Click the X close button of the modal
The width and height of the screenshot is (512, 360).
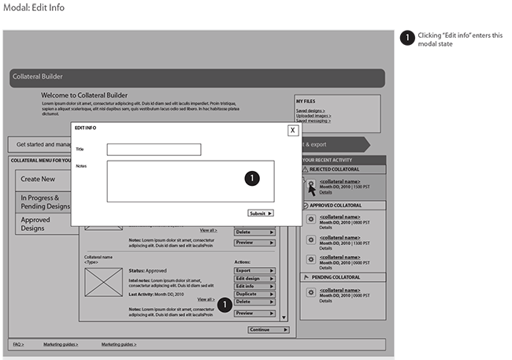tap(293, 130)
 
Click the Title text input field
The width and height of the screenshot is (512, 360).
tap(154, 150)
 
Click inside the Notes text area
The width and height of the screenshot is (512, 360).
tap(173, 181)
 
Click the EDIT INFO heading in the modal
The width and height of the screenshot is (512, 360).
tap(85, 128)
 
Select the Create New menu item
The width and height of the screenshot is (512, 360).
tap(38, 179)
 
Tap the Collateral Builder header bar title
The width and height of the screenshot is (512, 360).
tap(37, 76)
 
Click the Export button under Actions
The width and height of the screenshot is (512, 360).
tap(254, 270)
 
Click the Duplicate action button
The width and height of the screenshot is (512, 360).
tap(254, 294)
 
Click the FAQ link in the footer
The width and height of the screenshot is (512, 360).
tap(17, 344)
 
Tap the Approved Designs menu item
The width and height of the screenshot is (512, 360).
tap(35, 225)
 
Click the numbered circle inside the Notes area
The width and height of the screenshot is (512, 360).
tap(251, 179)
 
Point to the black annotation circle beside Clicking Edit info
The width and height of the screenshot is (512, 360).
tap(406, 37)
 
